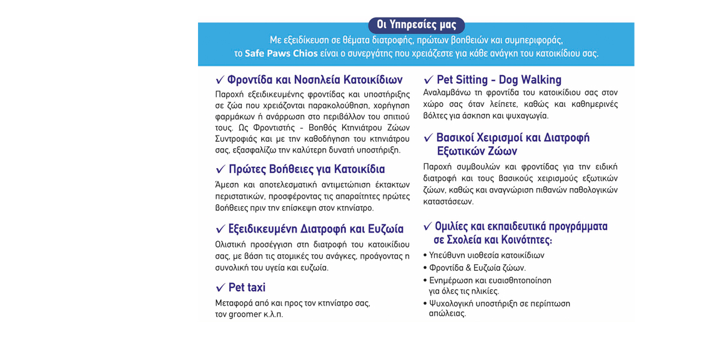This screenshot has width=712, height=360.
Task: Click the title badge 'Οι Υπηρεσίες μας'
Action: coord(416,26)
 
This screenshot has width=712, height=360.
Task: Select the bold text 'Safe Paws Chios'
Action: coord(281,53)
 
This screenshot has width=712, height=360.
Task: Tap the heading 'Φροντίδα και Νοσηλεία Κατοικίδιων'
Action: coord(315,80)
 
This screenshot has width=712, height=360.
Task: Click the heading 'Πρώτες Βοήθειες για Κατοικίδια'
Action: coord(307,169)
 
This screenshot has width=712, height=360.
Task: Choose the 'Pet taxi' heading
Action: coord(247,287)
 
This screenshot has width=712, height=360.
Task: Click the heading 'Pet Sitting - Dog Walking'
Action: coord(498,80)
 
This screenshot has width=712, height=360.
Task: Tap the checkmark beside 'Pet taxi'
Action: coord(220,288)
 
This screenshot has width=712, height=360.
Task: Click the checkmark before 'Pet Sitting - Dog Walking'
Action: coord(428,81)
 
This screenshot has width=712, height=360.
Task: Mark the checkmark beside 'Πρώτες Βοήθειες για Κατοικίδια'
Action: coord(220,170)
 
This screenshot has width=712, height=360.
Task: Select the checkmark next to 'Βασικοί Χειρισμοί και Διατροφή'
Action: coord(428,138)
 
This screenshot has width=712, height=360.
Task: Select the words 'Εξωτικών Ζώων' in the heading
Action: coord(477,151)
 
